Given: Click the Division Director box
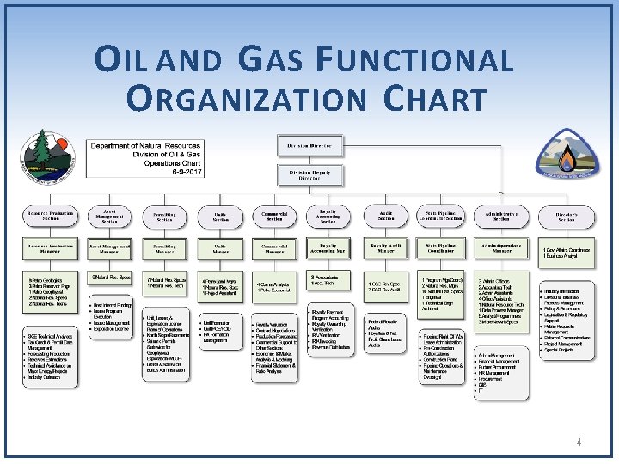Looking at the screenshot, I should [309, 146].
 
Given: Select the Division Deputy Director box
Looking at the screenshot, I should [309, 174].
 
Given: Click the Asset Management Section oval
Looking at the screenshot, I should [109, 217].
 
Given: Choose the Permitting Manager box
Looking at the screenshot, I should [164, 248].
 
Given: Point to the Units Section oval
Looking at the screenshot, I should [220, 217].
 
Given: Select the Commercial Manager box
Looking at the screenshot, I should [274, 248].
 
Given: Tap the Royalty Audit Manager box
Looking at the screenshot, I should [386, 248].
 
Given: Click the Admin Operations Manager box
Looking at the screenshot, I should [501, 248].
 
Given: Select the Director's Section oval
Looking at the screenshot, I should [566, 217].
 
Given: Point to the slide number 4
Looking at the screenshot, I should [579, 442].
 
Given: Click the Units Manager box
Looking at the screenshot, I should [220, 248].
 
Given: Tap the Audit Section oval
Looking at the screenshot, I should [386, 217].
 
